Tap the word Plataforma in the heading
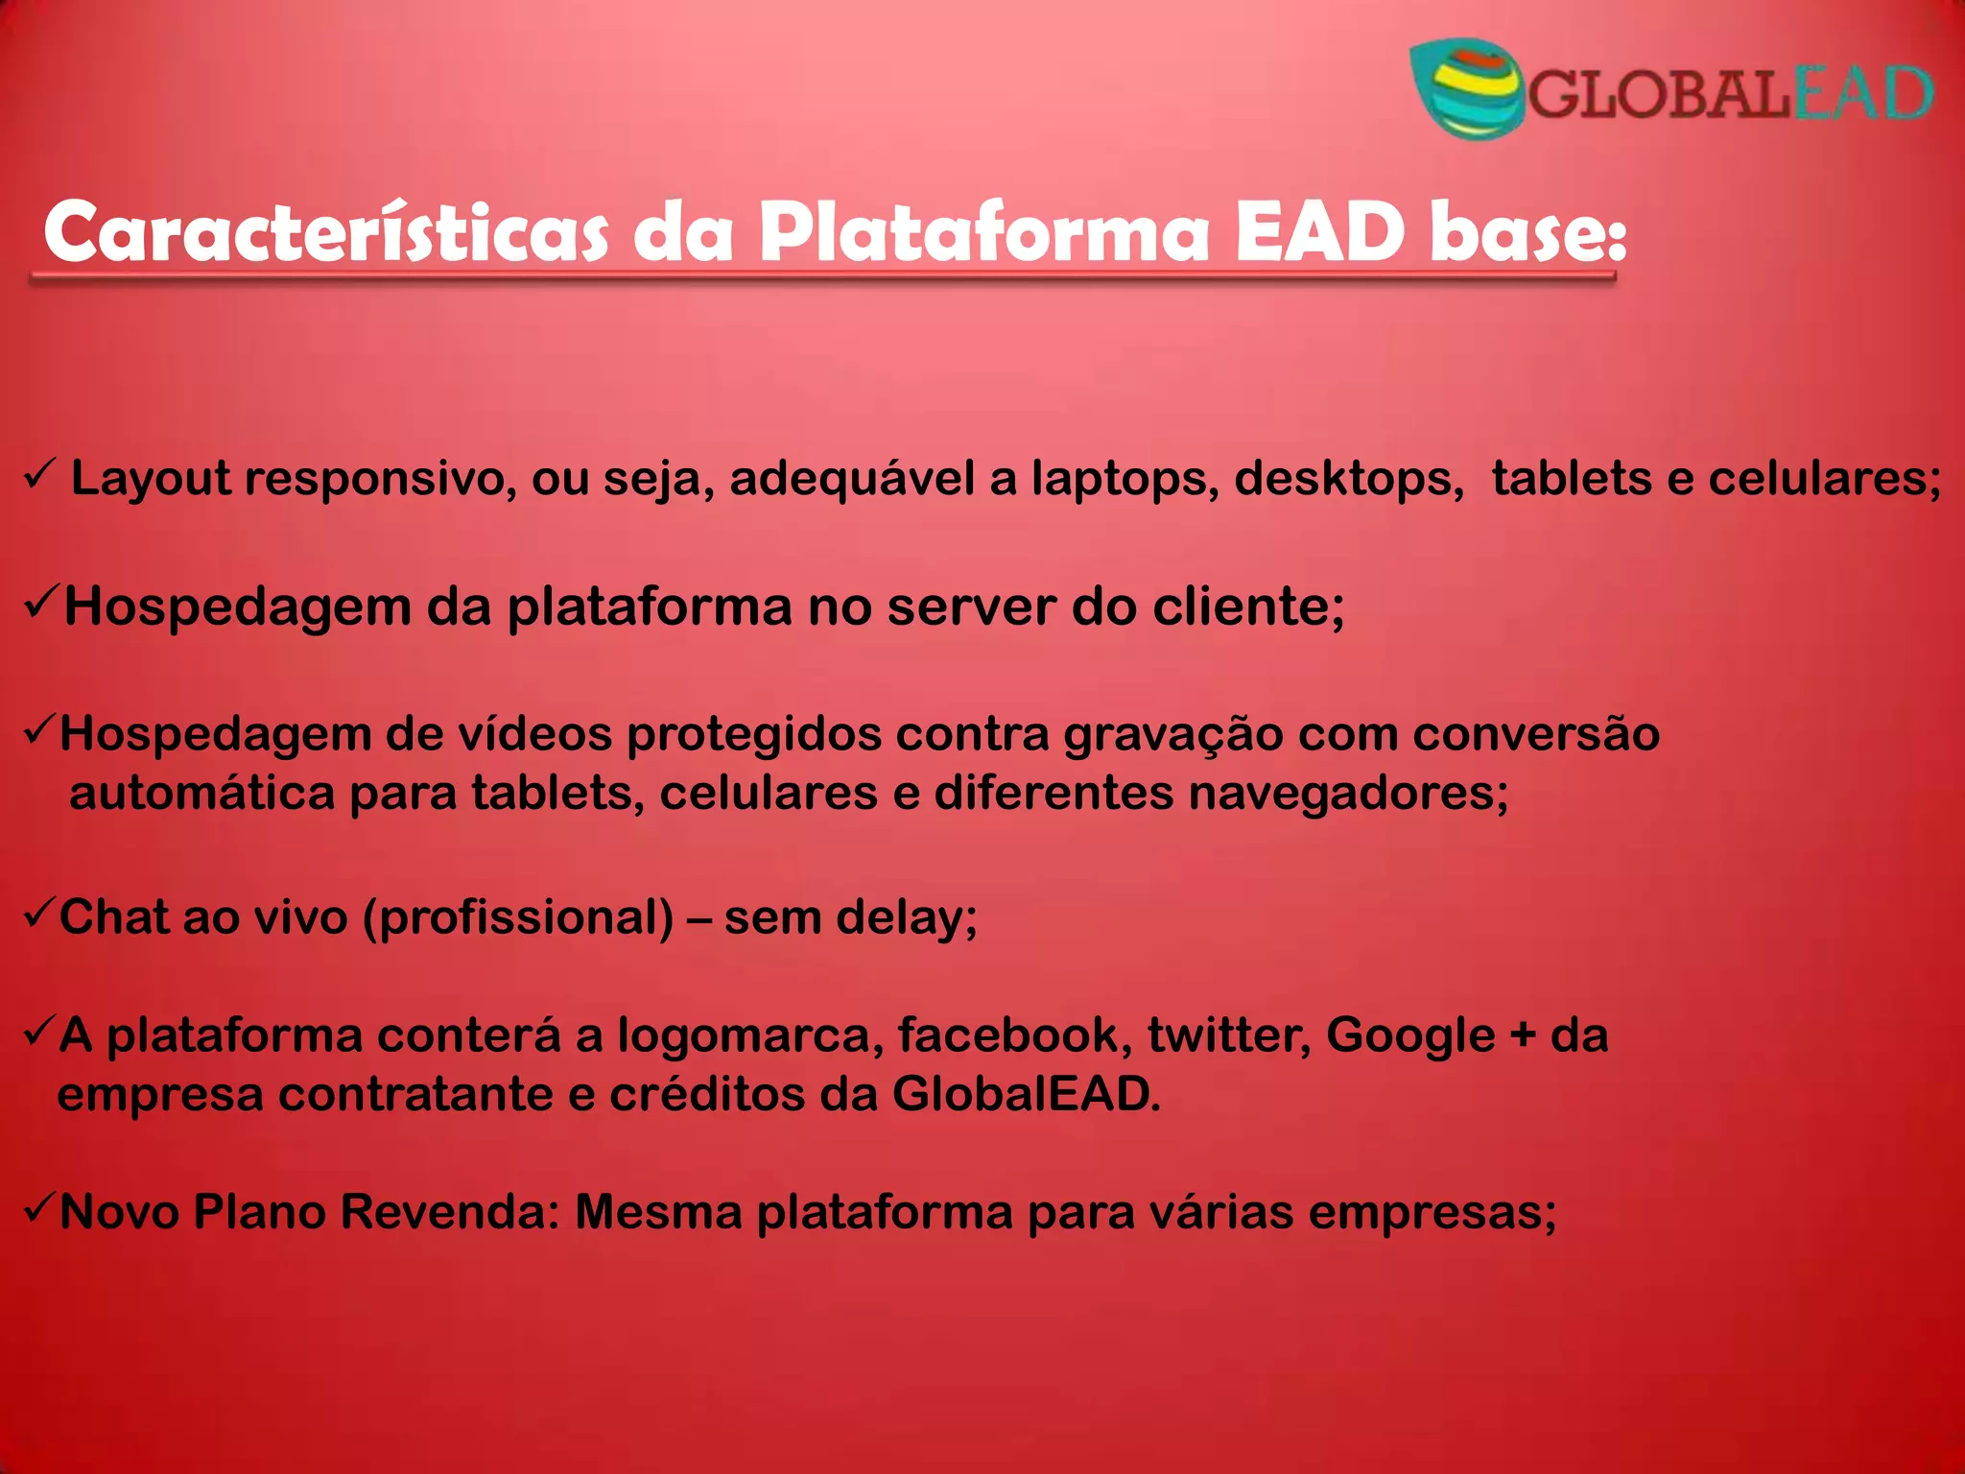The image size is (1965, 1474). point(983,233)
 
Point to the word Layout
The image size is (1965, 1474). point(151,479)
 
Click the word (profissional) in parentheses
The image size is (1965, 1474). point(518,918)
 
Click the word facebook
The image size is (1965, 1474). point(1015,1035)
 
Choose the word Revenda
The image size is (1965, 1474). point(450,1212)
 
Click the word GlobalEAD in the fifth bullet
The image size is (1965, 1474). point(1026,1095)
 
